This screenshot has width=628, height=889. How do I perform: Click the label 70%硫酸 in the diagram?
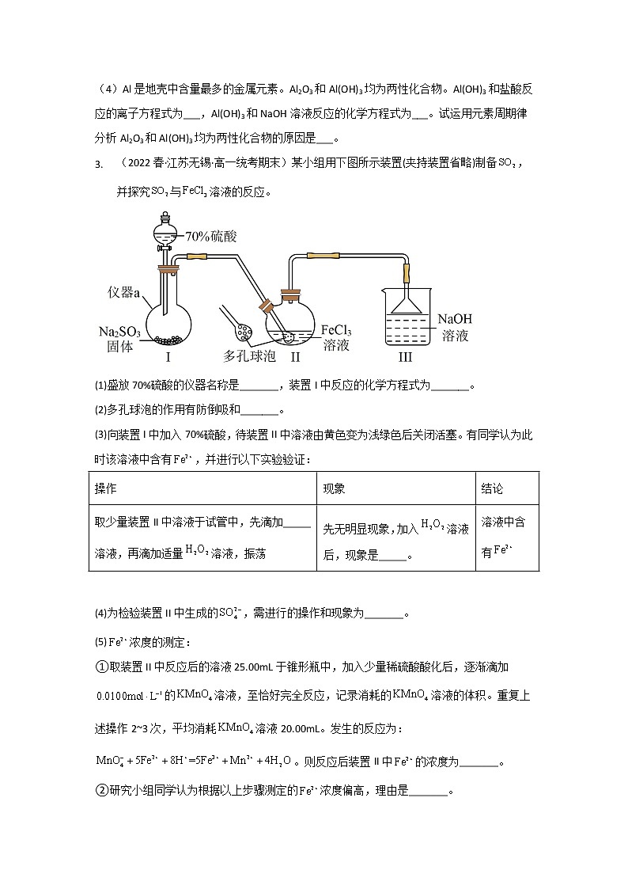210,236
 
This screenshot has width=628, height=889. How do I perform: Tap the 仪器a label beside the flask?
124,294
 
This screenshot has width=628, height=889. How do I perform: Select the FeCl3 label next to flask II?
336,330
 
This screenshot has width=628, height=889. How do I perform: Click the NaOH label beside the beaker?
456,320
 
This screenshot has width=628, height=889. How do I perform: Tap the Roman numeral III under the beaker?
405,357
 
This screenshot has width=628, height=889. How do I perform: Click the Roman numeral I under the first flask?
168,357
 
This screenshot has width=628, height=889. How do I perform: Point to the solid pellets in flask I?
168,340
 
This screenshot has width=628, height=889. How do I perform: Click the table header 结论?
492,488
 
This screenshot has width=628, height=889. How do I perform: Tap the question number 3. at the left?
98,164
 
